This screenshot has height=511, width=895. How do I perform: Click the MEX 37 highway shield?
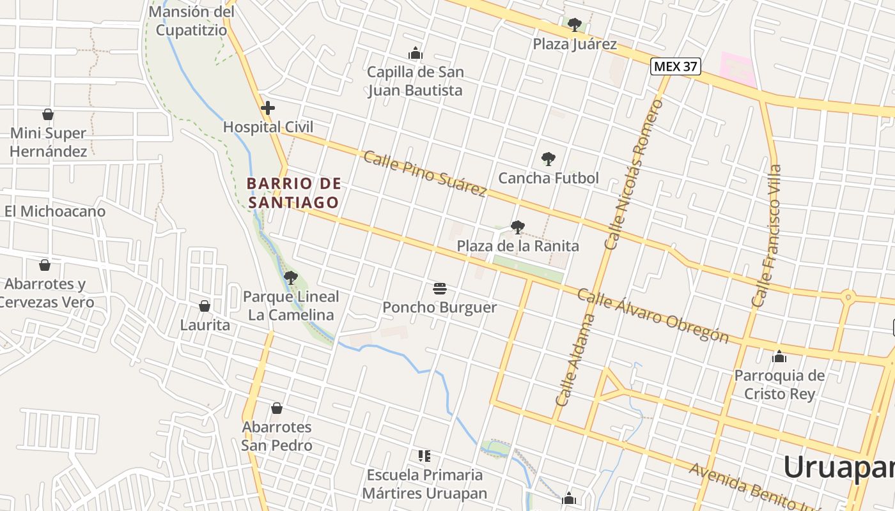click(x=676, y=66)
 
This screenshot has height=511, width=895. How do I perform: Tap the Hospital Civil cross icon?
click(x=268, y=108)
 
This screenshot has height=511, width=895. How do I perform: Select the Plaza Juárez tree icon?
click(x=575, y=25)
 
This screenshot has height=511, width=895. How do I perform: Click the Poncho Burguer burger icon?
click(x=439, y=288)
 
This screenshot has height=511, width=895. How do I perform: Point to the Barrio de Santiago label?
click(x=293, y=193)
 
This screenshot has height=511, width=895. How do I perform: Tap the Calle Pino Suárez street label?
click(x=425, y=174)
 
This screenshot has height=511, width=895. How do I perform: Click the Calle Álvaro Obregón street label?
click(x=653, y=316)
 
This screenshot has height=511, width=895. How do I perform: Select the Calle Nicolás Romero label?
click(x=634, y=174)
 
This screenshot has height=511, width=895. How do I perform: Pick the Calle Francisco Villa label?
click(x=767, y=236)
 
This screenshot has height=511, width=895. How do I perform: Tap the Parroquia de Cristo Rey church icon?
click(x=779, y=356)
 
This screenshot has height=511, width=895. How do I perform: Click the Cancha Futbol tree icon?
click(x=548, y=159)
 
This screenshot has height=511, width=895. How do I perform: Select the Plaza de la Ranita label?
click(x=518, y=246)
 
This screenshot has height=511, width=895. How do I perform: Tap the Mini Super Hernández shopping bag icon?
click(x=47, y=114)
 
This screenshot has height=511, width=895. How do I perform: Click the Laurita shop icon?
click(x=205, y=306)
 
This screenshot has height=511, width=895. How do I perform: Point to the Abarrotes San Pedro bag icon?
click(x=277, y=408)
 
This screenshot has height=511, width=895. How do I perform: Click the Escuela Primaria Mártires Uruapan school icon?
click(x=424, y=456)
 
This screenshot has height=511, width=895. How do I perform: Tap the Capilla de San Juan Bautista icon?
click(x=416, y=53)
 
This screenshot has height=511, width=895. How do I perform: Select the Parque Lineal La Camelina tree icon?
click(x=291, y=278)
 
